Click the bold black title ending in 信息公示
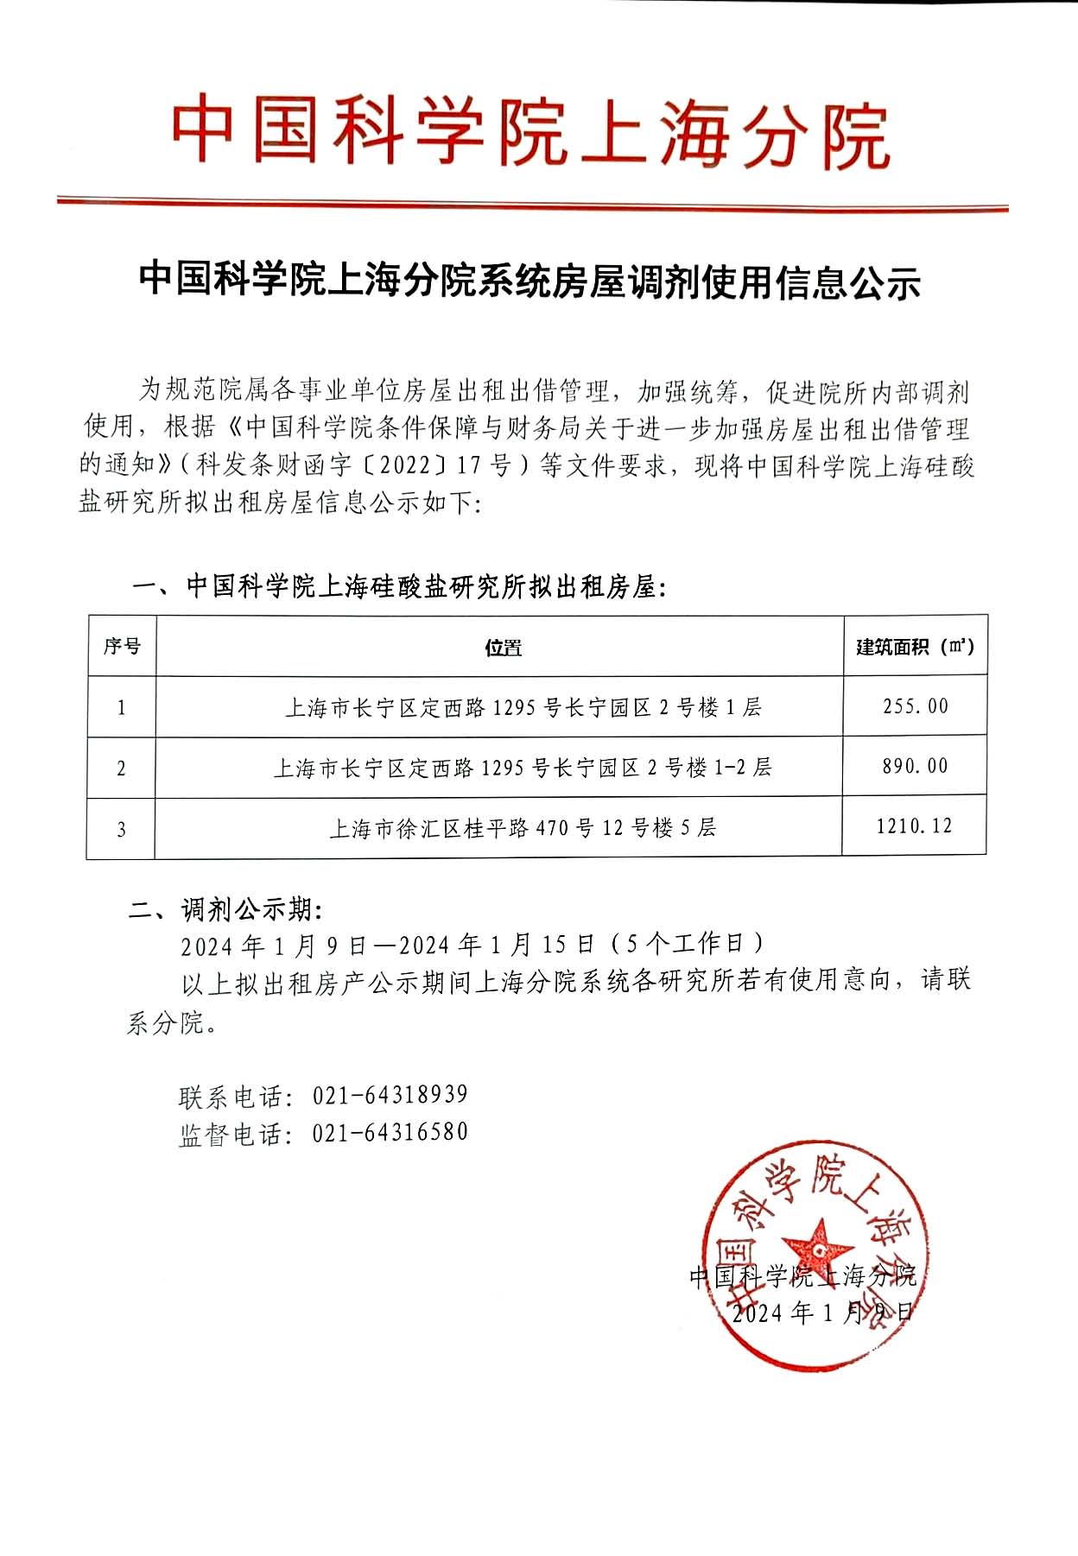pyautogui.click(x=529, y=282)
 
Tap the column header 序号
pyautogui.click(x=122, y=646)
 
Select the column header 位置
pyautogui.click(x=503, y=648)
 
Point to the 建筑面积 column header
pyautogui.click(x=915, y=647)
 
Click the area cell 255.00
pyautogui.click(x=915, y=706)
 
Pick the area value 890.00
pyautogui.click(x=915, y=766)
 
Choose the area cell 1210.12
pyautogui.click(x=914, y=826)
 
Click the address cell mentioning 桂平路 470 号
pyautogui.click(x=523, y=828)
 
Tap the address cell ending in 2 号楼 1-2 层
pyautogui.click(x=522, y=768)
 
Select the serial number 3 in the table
pyautogui.click(x=121, y=829)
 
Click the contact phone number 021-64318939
pyautogui.click(x=390, y=1095)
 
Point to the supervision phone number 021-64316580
pyautogui.click(x=390, y=1132)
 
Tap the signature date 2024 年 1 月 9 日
pyautogui.click(x=821, y=1312)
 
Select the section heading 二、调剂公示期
pyautogui.click(x=225, y=910)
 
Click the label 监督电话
pyautogui.click(x=230, y=1134)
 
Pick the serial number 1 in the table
pyautogui.click(x=121, y=708)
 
